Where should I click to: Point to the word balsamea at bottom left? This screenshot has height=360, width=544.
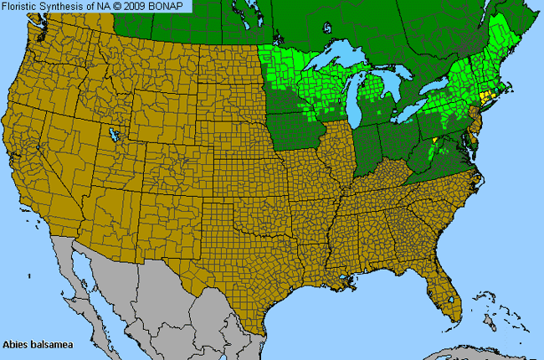tap(49, 344)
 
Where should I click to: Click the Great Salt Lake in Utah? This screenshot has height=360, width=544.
tap(112, 134)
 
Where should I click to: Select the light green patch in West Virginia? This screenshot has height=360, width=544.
tap(434, 150)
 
